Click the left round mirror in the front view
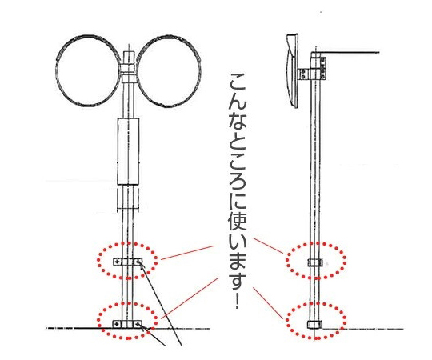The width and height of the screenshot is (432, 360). [57, 70]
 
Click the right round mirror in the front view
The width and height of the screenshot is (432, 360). [201, 70]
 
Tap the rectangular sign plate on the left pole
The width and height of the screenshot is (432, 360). [128, 151]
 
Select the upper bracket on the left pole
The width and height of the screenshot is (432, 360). [128, 262]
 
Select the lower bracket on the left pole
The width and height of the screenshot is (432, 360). [128, 324]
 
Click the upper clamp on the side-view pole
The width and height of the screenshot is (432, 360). [315, 263]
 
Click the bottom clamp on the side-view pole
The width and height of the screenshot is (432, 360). [315, 325]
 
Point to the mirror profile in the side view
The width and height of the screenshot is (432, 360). [292, 71]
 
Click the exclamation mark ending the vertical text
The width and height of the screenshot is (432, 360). [238, 302]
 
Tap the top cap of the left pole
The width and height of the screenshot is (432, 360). [128, 58]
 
